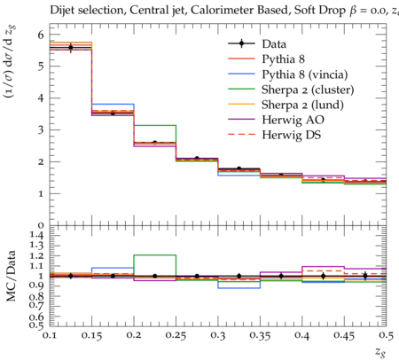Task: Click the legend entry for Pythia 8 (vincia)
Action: pos(305,74)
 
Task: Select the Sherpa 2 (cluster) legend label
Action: pos(308,90)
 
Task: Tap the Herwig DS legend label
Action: pos(292,135)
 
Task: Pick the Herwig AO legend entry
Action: pos(293,120)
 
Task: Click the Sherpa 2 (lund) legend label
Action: pos(302,105)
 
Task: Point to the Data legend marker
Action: pos(241,43)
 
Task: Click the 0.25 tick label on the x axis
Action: pos(176,335)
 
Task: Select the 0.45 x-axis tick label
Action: pos(344,335)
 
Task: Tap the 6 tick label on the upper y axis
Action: pos(41,35)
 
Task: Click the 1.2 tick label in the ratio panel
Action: pos(36,255)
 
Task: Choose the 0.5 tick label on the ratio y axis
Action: pos(36,325)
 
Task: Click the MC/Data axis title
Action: pos(11,276)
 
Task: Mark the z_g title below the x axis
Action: pos(380,352)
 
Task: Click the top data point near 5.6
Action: pos(71,47)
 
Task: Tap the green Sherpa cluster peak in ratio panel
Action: pos(155,255)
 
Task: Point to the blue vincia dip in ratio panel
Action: pos(239,288)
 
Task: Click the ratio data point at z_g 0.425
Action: pos(324,276)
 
